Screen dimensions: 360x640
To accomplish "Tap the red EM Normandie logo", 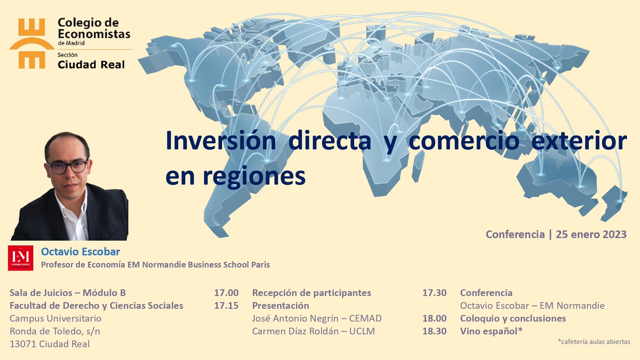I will pos(21,258).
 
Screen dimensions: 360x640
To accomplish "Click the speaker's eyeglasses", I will pos(67,166).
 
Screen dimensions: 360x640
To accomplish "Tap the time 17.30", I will pos(434,293).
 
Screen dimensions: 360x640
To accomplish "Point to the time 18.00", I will pos(434,318).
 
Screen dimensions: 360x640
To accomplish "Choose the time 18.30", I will pos(434,331).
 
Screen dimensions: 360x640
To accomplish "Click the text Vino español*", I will pos(491,331).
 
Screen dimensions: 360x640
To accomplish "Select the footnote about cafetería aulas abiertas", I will pos(594,341).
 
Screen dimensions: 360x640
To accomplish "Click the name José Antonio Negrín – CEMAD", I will pos(317,318).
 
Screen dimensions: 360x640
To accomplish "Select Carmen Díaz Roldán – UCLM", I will pos(314,331).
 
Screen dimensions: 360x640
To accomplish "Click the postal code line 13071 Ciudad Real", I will pos(50,344).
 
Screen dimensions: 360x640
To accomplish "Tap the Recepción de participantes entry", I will pos(311,293).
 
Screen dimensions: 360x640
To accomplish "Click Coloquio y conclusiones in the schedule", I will pos(513,318).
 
